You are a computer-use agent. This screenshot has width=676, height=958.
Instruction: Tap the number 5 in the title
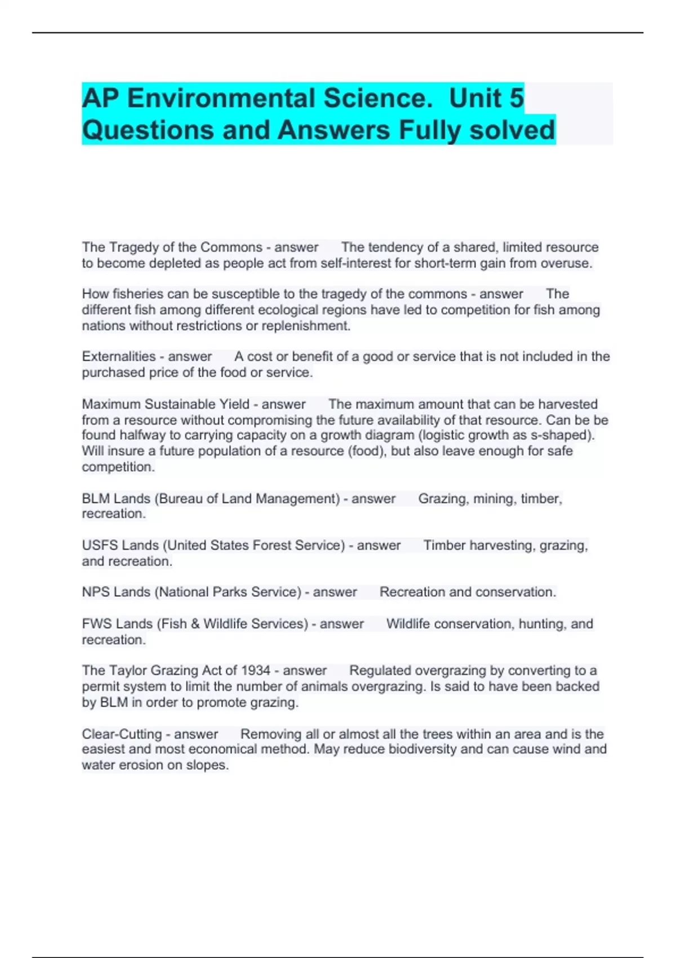[x=516, y=99]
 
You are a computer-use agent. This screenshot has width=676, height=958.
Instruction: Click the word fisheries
[x=143, y=294]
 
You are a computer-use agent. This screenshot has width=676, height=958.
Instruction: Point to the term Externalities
[x=119, y=357]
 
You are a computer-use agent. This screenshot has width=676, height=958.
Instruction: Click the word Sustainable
[x=180, y=404]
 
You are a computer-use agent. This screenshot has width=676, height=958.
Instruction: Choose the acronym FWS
[x=97, y=624]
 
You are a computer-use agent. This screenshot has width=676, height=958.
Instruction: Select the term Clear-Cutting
[x=122, y=734]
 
